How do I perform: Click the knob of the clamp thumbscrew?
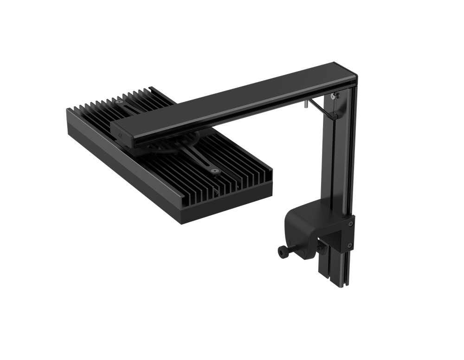(282, 251)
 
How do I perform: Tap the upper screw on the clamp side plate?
(350, 224)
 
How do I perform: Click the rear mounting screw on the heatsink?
(119, 101)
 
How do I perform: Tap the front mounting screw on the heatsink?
(214, 171)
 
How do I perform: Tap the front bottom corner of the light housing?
(181, 221)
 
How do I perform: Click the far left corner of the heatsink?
(68, 110)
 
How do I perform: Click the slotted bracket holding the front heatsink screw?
(204, 162)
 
